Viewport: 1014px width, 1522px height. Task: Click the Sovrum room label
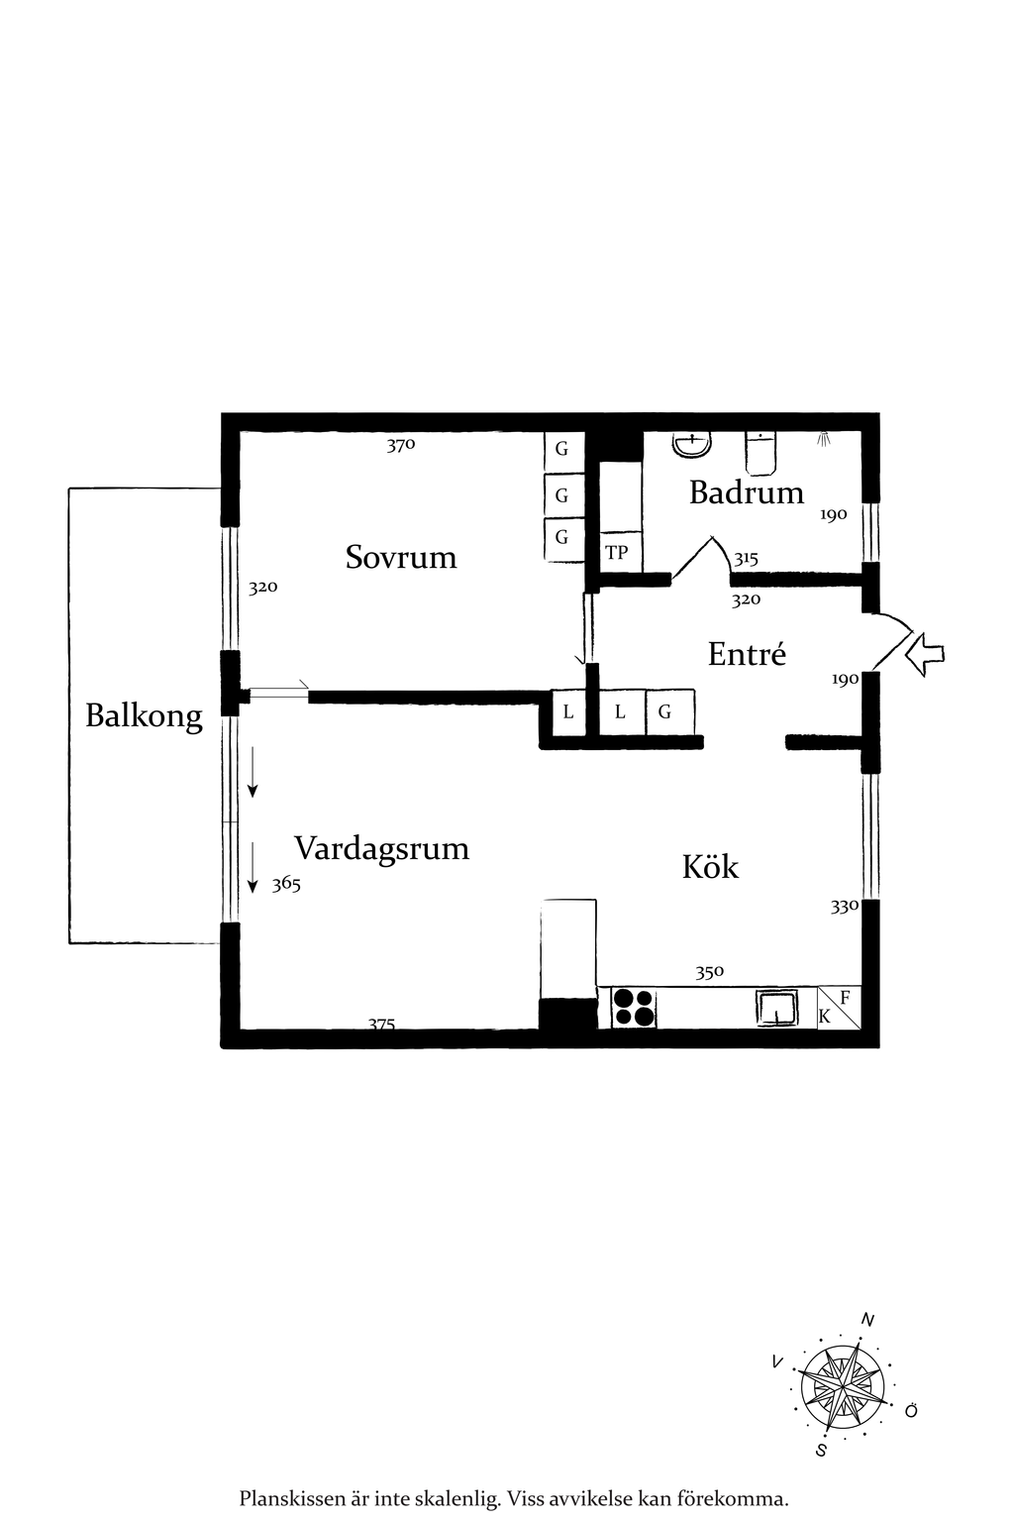pos(401,557)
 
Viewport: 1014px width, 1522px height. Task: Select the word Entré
pos(747,654)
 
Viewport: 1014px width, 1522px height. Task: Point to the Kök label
pos(710,867)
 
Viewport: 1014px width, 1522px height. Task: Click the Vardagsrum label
pos(381,849)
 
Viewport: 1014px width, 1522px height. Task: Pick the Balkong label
pos(144,716)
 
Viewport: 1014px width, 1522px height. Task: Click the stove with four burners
pos(635,1008)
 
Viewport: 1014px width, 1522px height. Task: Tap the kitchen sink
pos(775,1008)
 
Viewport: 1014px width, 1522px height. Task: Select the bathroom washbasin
pos(691,444)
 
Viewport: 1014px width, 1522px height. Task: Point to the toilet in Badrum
pos(761,453)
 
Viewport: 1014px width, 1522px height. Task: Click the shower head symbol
pos(825,437)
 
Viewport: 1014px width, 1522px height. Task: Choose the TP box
pos(617,554)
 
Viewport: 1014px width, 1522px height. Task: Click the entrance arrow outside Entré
pos(927,654)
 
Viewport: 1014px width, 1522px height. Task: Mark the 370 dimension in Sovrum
pos(401,446)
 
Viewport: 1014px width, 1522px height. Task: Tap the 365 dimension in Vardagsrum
pos(286,884)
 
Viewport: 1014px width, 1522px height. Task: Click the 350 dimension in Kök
pos(710,972)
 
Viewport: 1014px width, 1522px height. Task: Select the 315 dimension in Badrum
pos(745,559)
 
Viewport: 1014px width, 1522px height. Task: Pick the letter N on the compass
pos(867,1320)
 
